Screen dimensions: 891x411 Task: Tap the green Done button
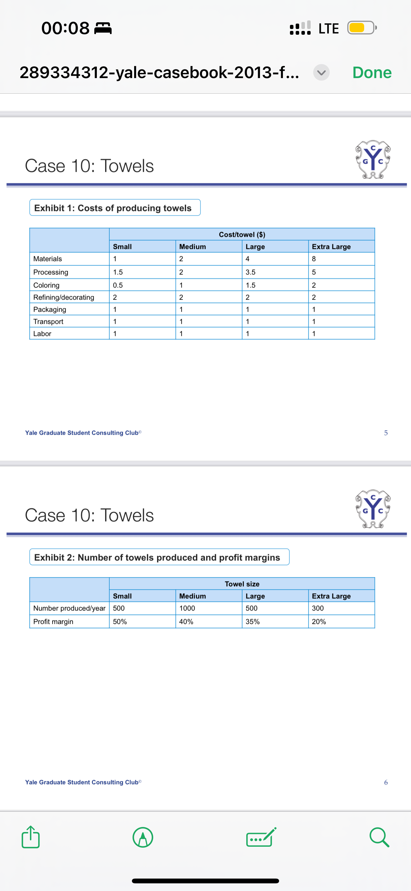click(x=371, y=73)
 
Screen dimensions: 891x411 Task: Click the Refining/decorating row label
click(x=64, y=297)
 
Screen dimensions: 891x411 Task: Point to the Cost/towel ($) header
click(x=242, y=235)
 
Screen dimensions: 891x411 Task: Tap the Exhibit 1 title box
click(x=115, y=208)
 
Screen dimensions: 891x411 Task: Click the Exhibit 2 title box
click(x=159, y=557)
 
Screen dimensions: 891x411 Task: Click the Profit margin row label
click(x=53, y=621)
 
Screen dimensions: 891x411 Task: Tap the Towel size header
click(x=242, y=584)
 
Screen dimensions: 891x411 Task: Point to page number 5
click(x=386, y=433)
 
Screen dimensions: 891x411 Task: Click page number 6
click(x=386, y=782)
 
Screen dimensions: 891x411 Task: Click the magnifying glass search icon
click(x=379, y=837)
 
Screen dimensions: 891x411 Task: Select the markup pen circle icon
click(x=143, y=837)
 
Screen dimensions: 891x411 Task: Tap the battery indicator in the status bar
click(x=361, y=28)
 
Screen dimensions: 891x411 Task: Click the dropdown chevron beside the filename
click(x=321, y=73)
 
